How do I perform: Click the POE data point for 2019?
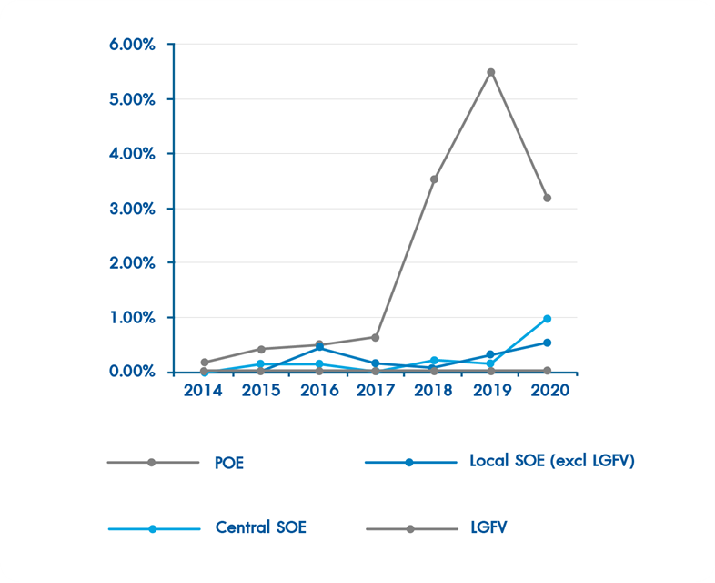click(491, 72)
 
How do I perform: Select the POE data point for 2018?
click(434, 179)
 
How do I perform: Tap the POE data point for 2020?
click(548, 198)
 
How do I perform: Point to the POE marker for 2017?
click(376, 337)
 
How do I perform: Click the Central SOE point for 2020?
click(548, 319)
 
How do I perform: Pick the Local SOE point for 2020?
click(548, 343)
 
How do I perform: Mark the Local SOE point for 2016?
click(318, 347)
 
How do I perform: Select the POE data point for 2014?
click(204, 363)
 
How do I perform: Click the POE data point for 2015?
click(261, 349)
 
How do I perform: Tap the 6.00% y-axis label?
click(133, 45)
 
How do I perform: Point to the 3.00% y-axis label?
click(133, 209)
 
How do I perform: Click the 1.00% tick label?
click(133, 318)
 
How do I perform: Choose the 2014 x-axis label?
click(204, 390)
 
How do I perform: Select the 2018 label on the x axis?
click(434, 390)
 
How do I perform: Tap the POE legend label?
click(229, 463)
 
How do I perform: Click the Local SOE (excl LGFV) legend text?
click(551, 461)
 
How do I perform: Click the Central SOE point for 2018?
click(434, 361)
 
